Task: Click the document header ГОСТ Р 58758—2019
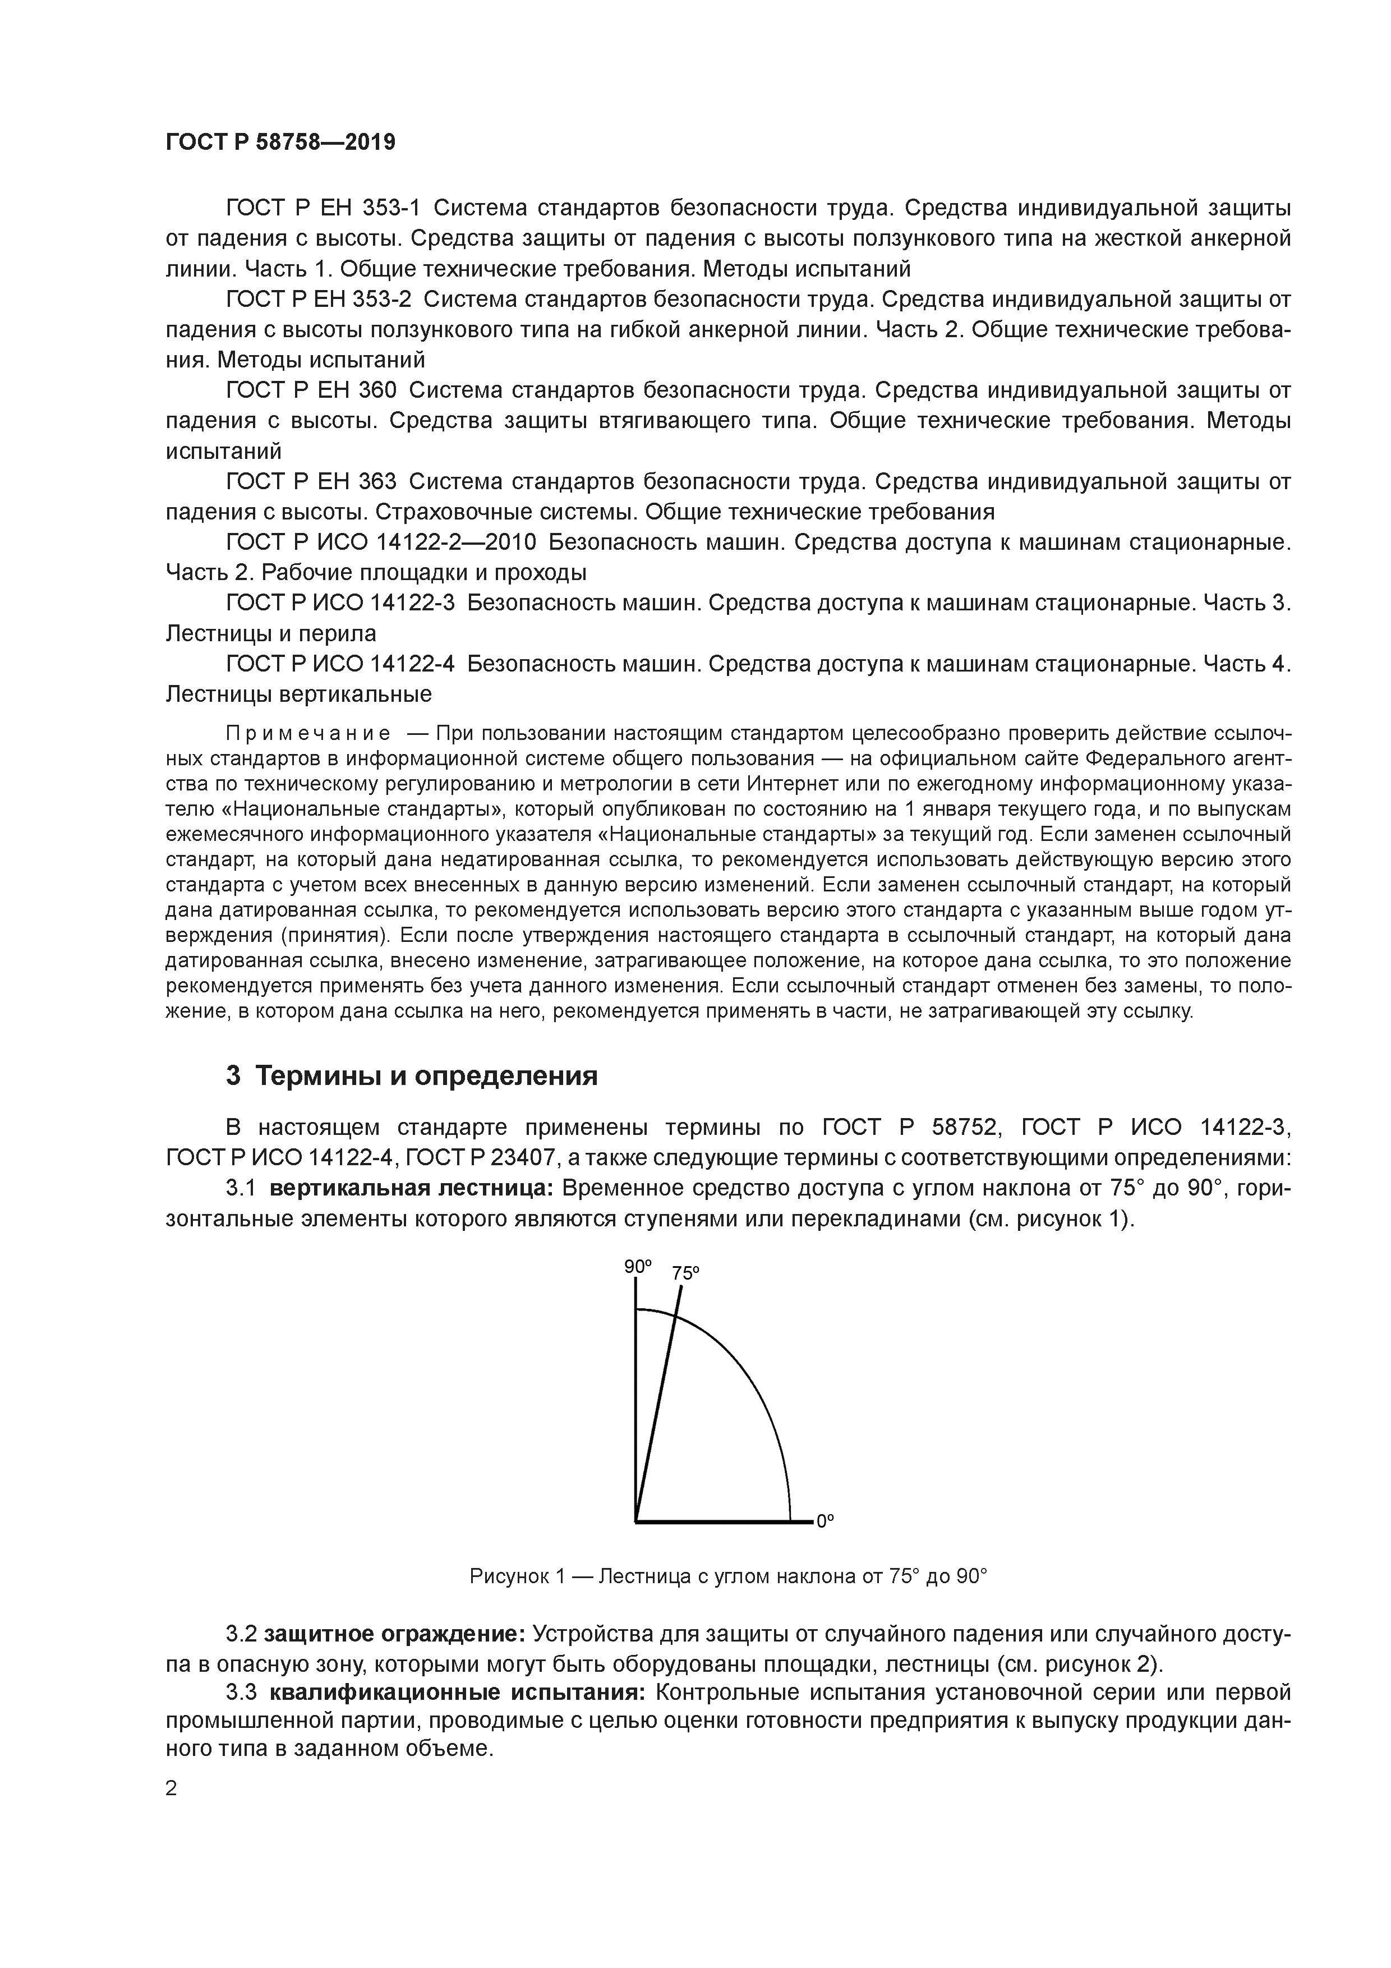click(280, 142)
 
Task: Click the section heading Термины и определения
click(411, 1075)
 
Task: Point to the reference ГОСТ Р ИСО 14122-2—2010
click(380, 542)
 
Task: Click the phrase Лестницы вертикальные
click(298, 693)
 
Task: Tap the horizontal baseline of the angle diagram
click(720, 1523)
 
